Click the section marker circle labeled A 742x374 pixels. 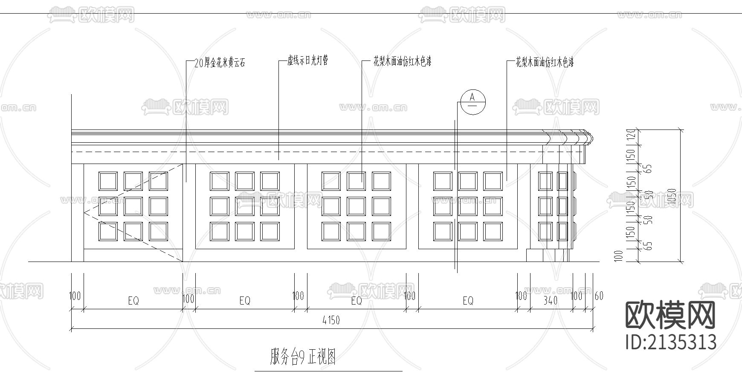click(x=472, y=102)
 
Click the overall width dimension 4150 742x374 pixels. click(x=331, y=320)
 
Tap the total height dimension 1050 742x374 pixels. click(x=672, y=198)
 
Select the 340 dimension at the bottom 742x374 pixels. click(x=551, y=300)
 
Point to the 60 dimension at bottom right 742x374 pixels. click(x=599, y=296)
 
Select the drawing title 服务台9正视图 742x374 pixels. click(x=303, y=357)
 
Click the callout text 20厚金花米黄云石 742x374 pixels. click(x=220, y=63)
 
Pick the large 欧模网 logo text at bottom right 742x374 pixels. click(x=670, y=315)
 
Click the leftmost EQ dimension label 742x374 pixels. click(x=133, y=301)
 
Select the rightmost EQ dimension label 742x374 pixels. click(x=468, y=301)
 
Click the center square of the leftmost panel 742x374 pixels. click(x=133, y=206)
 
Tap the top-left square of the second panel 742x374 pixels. click(x=220, y=181)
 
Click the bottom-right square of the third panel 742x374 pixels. click(x=381, y=231)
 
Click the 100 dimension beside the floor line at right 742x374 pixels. click(x=619, y=256)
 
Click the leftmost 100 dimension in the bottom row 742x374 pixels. click(x=75, y=296)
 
